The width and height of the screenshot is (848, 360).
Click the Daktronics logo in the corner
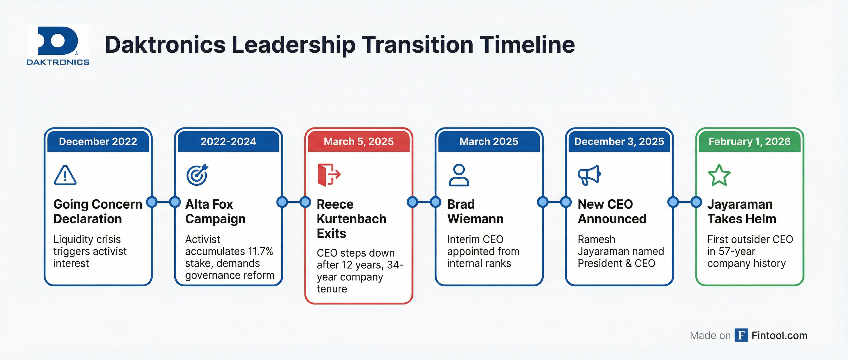click(58, 45)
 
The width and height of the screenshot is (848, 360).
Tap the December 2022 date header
click(98, 141)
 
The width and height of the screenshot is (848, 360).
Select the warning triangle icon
click(65, 175)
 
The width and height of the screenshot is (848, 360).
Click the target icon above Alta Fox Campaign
click(197, 175)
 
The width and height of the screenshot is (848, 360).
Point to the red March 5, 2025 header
click(358, 141)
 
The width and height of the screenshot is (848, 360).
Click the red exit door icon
click(328, 175)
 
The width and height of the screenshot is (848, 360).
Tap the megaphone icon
click(589, 175)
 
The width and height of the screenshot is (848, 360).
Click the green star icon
click(719, 175)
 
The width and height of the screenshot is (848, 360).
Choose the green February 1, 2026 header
click(749, 141)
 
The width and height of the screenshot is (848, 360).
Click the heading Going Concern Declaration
click(97, 211)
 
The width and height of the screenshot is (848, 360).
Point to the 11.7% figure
click(260, 251)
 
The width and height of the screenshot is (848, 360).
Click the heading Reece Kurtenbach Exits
click(351, 219)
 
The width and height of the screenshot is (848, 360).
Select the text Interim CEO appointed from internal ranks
click(483, 251)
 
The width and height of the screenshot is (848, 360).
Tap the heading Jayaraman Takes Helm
click(741, 211)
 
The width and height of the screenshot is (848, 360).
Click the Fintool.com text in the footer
click(779, 335)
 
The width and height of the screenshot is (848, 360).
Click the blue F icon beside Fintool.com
click(741, 335)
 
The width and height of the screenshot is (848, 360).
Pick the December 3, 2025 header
click(619, 141)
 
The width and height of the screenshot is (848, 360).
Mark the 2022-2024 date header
click(228, 141)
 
